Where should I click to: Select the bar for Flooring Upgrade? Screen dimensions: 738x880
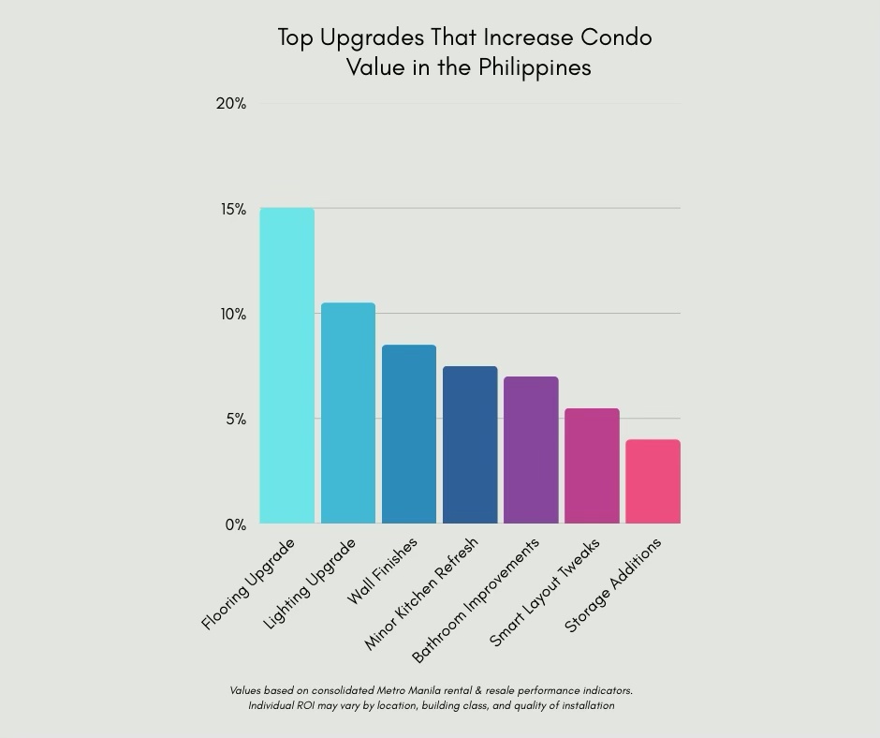click(286, 365)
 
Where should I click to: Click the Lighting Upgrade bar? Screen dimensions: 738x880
click(348, 413)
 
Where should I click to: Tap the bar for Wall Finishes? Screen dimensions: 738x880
click(409, 434)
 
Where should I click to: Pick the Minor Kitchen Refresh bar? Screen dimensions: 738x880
click(470, 445)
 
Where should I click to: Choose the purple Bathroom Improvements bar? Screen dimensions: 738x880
click(531, 450)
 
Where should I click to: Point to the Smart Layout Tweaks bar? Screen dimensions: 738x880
click(592, 465)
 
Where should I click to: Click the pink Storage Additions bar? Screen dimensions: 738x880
click(653, 481)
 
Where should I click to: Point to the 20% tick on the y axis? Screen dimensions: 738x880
click(230, 104)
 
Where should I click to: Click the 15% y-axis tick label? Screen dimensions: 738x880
click(233, 210)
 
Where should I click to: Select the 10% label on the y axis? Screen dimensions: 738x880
click(233, 315)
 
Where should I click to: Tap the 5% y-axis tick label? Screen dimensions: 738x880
click(235, 420)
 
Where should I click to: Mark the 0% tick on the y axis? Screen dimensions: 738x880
click(235, 525)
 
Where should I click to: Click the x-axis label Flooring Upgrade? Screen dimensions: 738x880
click(248, 584)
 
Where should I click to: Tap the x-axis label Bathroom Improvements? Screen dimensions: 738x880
click(477, 600)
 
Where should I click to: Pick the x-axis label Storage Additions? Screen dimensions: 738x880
click(613, 586)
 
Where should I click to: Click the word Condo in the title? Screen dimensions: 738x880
click(616, 37)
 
